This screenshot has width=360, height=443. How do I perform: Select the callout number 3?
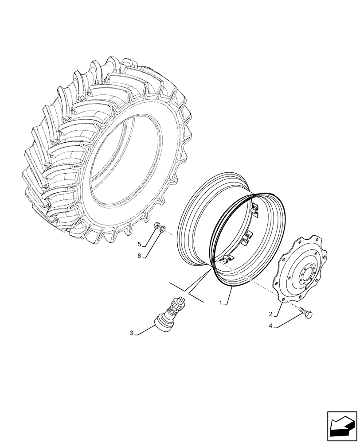click(132, 333)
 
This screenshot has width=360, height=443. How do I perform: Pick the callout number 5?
click(139, 244)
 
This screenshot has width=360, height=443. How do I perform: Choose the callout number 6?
click(139, 256)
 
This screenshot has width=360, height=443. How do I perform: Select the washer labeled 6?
click(163, 229)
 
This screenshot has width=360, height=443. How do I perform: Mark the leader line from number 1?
click(229, 295)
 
